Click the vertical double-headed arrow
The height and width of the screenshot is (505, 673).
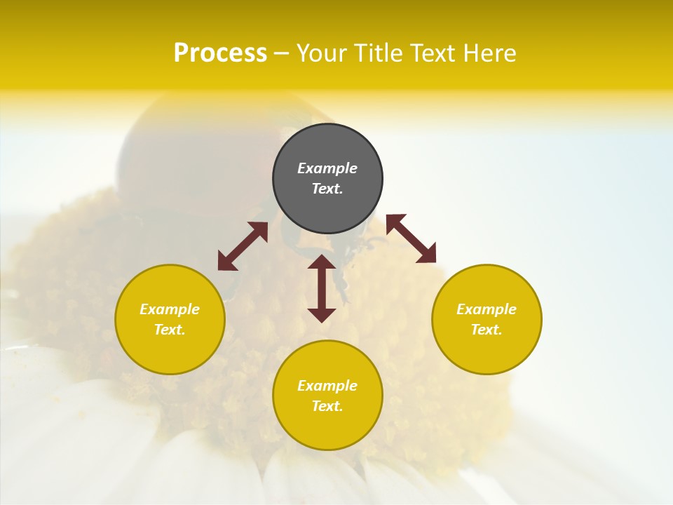tap(322, 288)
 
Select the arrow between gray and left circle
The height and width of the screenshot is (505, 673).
tap(243, 246)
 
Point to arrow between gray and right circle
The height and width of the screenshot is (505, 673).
tap(411, 238)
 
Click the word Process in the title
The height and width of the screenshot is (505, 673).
tap(220, 53)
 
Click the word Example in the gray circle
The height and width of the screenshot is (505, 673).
tap(327, 168)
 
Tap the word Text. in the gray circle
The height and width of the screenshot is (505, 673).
tap(327, 189)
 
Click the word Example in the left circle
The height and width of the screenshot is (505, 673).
tap(170, 309)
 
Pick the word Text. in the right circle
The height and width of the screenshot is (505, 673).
tap(487, 330)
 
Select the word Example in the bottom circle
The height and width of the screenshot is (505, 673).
tap(327, 386)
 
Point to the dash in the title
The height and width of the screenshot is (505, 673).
tap(281, 53)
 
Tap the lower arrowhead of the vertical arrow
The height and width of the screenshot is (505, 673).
tap(322, 316)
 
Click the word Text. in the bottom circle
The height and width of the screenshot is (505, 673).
tap(327, 406)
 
